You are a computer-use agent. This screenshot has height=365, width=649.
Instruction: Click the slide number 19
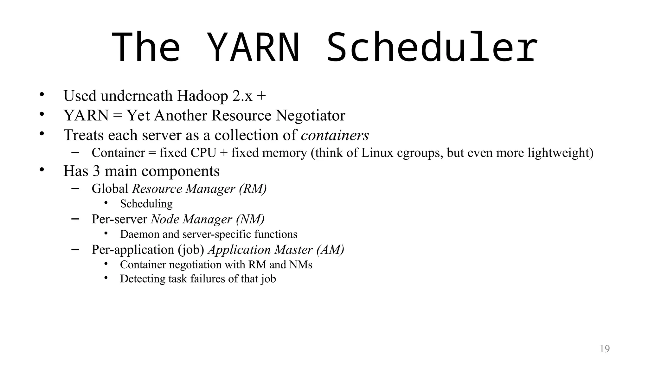(x=605, y=349)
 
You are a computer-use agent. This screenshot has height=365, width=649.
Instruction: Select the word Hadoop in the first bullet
(x=202, y=96)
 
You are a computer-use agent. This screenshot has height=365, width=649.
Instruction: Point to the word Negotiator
(x=310, y=115)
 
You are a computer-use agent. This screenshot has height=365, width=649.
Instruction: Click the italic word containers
(x=335, y=135)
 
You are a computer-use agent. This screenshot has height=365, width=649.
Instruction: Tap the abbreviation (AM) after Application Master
(x=330, y=250)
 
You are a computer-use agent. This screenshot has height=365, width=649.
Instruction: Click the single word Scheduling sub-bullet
(x=146, y=204)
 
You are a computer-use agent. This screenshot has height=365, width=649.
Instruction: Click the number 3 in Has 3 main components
(x=96, y=171)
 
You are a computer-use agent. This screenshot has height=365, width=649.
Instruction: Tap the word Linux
(x=377, y=153)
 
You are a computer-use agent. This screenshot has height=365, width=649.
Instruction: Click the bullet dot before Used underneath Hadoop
(x=42, y=94)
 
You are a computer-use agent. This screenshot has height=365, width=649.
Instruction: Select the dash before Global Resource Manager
(x=75, y=188)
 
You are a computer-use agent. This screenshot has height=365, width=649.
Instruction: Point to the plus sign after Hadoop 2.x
(x=261, y=96)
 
